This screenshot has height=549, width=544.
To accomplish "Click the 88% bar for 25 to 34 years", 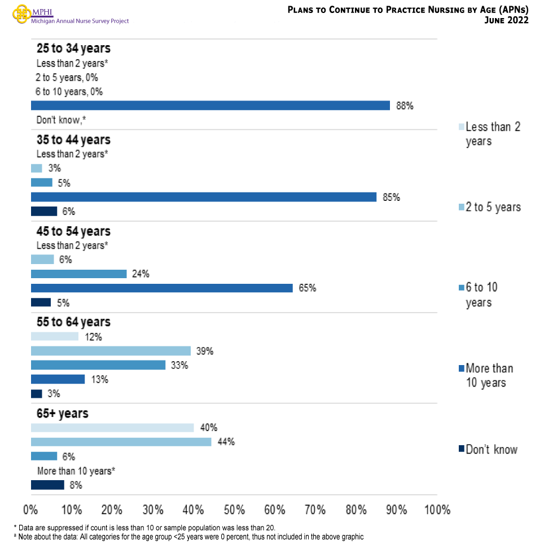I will (210, 106).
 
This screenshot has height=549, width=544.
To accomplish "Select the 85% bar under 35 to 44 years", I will (203, 197).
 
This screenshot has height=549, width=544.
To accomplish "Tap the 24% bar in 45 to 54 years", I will (78, 274).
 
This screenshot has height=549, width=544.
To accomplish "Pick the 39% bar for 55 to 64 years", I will (111, 351).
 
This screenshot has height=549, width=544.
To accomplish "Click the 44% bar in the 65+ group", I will (121, 442).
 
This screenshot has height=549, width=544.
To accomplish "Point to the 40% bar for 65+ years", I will (112, 428).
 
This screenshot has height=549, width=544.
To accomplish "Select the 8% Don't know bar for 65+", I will (47, 485).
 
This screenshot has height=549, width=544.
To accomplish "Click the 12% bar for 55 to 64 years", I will (55, 336).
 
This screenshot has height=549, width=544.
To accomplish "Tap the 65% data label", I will (308, 288).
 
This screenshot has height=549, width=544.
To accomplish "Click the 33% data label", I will (179, 366).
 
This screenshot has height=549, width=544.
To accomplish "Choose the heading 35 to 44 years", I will (73, 139).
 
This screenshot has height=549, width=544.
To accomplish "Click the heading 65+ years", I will (63, 413).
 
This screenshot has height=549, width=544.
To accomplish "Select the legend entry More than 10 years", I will (489, 376).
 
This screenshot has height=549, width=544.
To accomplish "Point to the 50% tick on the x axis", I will (234, 510).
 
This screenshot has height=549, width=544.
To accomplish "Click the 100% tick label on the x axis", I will (436, 510).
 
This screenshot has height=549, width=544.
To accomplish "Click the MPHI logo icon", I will (21, 15).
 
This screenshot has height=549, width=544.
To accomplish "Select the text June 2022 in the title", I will (506, 21).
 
